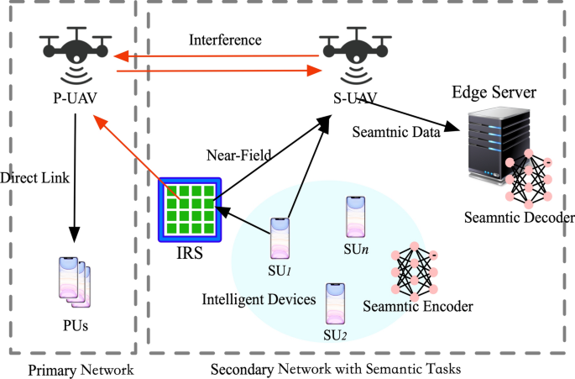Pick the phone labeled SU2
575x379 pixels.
tap(337, 303)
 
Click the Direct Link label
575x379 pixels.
tap(34, 179)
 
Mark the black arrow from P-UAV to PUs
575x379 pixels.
tap(76, 176)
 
